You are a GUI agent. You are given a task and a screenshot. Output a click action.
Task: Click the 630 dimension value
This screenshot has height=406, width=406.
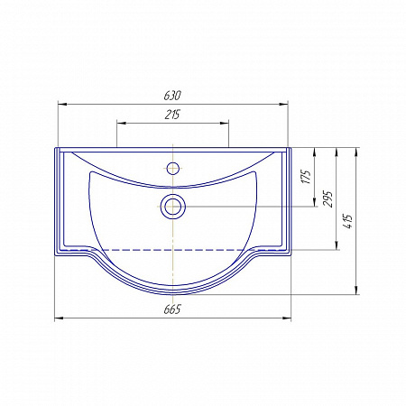(x=172, y=96)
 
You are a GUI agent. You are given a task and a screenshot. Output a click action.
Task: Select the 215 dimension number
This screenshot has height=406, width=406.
(x=172, y=115)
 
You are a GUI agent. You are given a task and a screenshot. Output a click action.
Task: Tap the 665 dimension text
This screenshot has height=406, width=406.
(x=172, y=309)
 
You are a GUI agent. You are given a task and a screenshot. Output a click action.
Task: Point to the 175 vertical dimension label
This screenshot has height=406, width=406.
(x=306, y=177)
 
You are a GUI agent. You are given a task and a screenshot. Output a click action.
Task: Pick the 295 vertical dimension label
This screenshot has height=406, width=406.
(x=328, y=198)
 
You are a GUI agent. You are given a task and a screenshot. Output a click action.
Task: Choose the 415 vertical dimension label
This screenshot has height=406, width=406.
(x=348, y=222)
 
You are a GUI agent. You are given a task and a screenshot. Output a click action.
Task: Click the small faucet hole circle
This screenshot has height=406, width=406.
(x=172, y=168)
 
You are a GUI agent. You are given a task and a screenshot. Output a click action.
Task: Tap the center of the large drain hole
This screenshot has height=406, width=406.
(x=172, y=207)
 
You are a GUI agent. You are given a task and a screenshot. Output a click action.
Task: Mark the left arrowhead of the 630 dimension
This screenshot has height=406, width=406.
(x=62, y=105)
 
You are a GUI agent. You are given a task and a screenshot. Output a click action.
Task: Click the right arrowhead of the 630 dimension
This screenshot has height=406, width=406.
(x=283, y=105)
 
